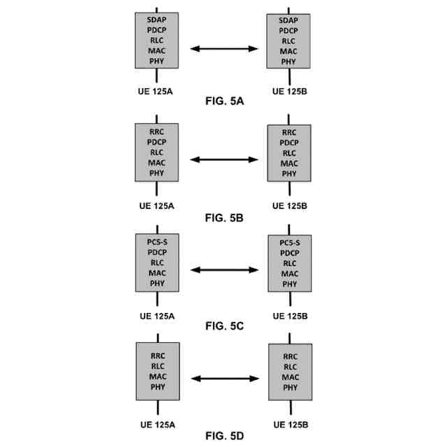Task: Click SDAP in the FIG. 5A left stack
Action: point(156,20)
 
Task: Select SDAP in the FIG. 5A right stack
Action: point(288,20)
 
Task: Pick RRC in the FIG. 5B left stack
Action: point(156,131)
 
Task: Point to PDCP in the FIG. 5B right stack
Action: point(288,142)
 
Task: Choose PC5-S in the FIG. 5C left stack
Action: point(156,242)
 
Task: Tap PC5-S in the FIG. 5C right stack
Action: point(288,242)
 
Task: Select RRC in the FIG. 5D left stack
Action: point(156,355)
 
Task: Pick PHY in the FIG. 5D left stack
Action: point(156,387)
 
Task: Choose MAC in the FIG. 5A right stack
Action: point(288,51)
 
